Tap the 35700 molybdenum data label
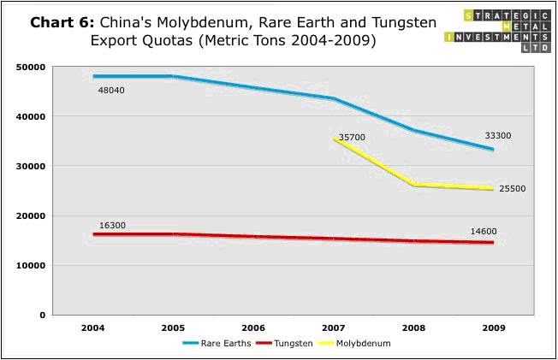click(352, 137)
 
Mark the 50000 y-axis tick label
click(31, 67)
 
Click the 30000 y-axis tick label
click(31, 166)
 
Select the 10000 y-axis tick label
click(31, 265)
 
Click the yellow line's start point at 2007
click(335, 138)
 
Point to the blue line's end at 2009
click(492, 149)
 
